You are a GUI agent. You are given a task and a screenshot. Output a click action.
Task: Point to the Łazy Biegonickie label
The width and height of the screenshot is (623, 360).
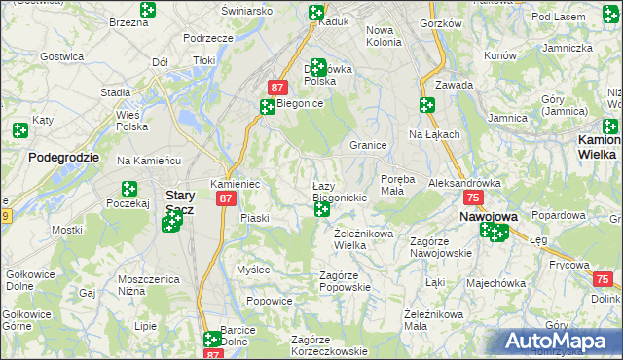pos(339,192)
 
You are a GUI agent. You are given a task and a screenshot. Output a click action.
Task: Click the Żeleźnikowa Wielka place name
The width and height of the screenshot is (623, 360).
pos(363,239)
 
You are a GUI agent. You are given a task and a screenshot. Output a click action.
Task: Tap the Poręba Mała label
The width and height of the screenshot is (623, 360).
pos(398,185)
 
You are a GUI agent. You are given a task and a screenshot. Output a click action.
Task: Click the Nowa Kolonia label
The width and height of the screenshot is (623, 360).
pos(384,36)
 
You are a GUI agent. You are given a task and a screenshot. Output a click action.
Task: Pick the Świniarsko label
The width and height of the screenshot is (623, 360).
pos(246,10)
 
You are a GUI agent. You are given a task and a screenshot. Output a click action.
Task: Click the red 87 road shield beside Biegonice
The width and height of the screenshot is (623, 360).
pos(277,87)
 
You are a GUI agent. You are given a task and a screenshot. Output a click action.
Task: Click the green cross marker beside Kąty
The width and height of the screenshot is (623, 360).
pos(20,129)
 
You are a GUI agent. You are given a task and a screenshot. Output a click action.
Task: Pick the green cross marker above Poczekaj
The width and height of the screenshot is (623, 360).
pos(128,189)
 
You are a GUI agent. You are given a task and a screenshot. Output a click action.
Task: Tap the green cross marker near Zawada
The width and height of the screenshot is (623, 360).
pos(426,105)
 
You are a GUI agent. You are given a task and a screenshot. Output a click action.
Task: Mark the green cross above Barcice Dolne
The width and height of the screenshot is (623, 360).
pos(212,340)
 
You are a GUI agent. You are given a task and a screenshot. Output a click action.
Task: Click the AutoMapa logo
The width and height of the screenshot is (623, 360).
pos(561,341)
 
